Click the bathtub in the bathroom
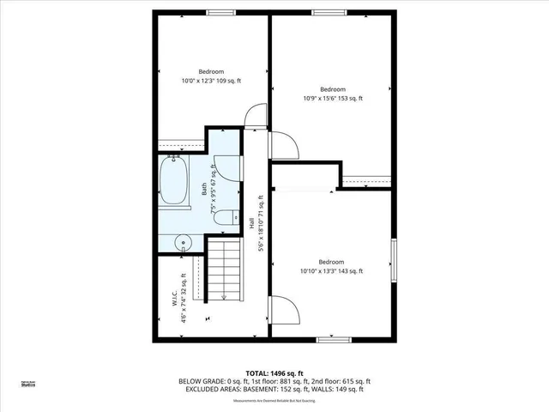174,181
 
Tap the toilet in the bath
224,217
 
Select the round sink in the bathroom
183,243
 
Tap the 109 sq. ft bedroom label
211,76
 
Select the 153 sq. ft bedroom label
332,94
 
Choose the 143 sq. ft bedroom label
331,266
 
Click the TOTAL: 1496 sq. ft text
274,373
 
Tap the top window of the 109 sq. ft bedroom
220,12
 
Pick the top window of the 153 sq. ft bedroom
323,12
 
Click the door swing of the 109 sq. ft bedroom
255,118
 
